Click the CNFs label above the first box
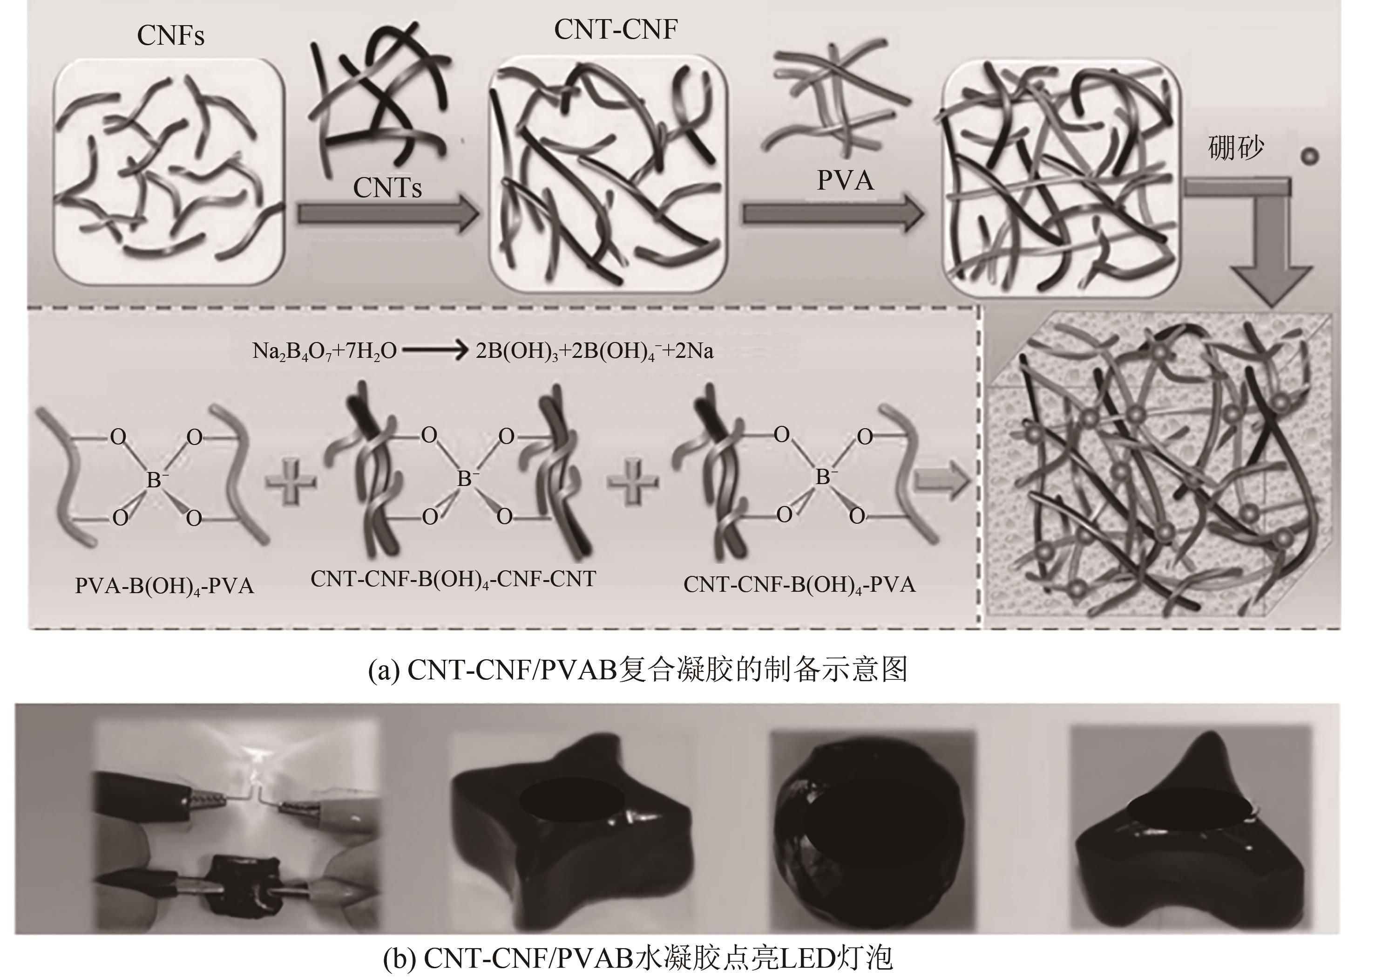click(170, 35)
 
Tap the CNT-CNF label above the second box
click(616, 29)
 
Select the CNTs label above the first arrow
click(387, 187)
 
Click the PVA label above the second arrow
click(845, 180)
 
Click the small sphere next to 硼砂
click(1309, 157)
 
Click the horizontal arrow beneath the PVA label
click(833, 214)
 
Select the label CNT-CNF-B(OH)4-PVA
click(800, 585)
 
